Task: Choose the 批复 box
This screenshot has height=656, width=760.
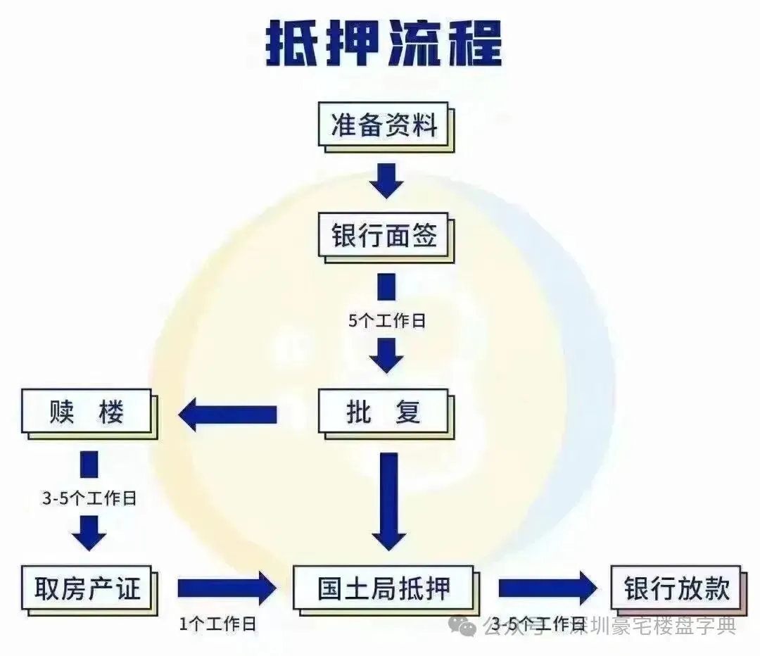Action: (384, 412)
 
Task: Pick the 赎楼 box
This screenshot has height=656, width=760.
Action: (87, 412)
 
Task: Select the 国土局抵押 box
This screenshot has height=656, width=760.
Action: (383, 587)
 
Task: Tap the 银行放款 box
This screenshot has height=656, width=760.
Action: (676, 587)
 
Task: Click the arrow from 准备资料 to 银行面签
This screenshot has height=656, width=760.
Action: (386, 180)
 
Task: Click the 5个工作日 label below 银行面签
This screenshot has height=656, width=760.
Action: (387, 321)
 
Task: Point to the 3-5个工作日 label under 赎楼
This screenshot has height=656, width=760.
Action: (89, 499)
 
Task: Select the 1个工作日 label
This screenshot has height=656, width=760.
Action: (216, 623)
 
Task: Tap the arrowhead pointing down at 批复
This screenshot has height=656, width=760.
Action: (386, 355)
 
